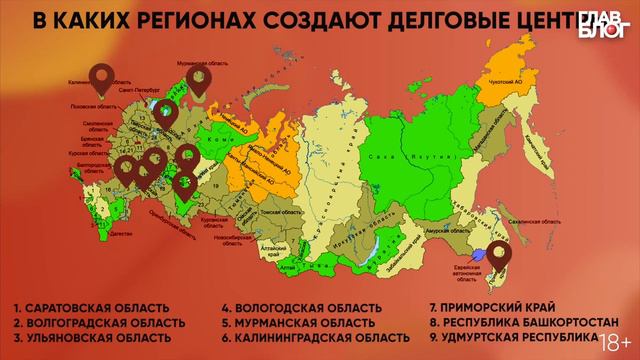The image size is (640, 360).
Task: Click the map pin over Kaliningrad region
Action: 101,74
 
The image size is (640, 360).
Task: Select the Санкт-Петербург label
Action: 140,90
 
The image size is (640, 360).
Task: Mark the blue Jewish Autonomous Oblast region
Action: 481,256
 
